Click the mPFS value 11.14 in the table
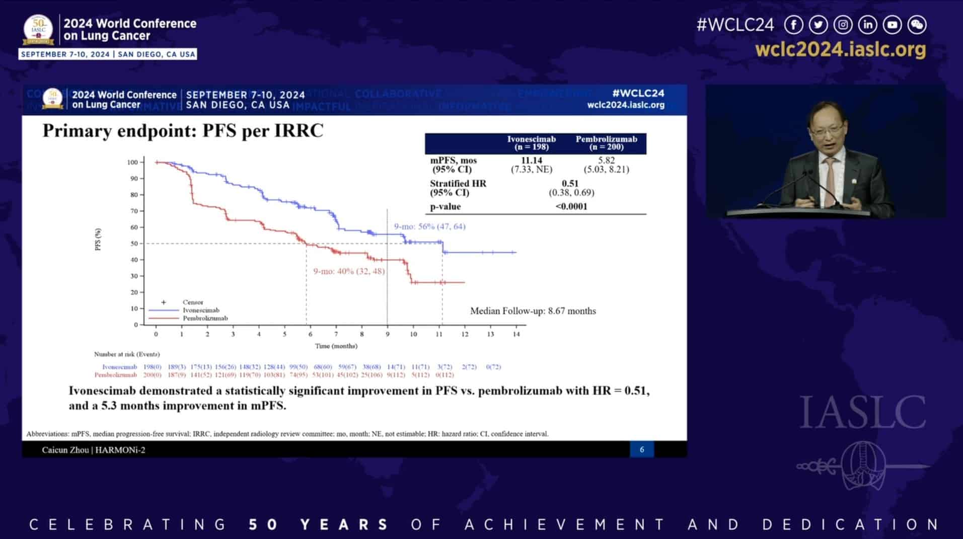point(531,161)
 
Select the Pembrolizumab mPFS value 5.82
point(606,161)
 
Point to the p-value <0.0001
point(571,206)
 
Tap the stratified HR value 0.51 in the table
point(570,184)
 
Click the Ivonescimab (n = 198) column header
point(531,143)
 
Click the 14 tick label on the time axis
point(516,334)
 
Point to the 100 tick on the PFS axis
point(132,162)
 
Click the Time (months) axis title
point(336,346)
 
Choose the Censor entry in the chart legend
point(192,302)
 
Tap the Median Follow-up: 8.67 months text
point(533,311)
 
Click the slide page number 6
point(641,449)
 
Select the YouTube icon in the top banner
point(892,25)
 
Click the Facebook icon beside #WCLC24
point(794,25)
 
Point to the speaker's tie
point(830,181)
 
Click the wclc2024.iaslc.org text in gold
point(840,50)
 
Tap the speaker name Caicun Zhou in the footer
point(65,450)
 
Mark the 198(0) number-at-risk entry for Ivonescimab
point(152,367)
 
